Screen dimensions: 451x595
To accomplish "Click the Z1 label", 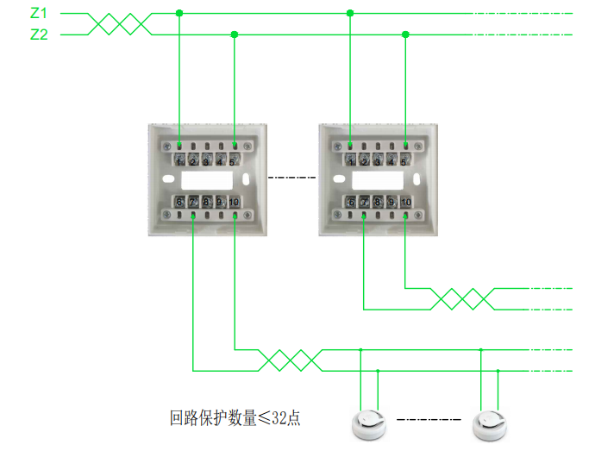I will click(x=39, y=14).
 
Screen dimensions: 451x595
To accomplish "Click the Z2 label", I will click(x=39, y=34).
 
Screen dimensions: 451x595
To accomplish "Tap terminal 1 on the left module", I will click(x=178, y=160).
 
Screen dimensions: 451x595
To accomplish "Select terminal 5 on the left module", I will click(x=234, y=160).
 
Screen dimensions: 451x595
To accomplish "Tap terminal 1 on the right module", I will click(x=350, y=160).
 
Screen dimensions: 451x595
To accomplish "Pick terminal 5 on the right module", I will click(x=405, y=160).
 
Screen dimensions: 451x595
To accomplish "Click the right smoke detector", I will click(x=490, y=422).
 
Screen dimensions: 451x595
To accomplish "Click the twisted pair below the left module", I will click(x=291, y=360).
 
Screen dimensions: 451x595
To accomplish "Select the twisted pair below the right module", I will click(x=461, y=298).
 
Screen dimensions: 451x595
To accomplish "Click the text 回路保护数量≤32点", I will click(x=235, y=419).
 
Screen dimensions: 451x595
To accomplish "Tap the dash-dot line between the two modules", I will click(x=292, y=179).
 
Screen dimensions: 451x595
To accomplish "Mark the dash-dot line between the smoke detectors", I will click(x=429, y=421).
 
